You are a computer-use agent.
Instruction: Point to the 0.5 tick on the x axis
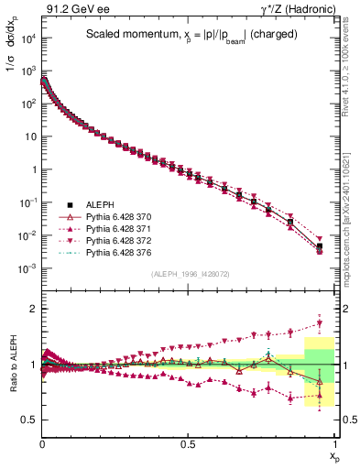tap(187, 442)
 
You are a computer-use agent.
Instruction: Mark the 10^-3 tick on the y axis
tap(27, 268)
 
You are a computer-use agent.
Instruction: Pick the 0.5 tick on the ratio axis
tap(27, 420)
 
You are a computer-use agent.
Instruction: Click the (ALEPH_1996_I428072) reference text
tap(188, 274)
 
